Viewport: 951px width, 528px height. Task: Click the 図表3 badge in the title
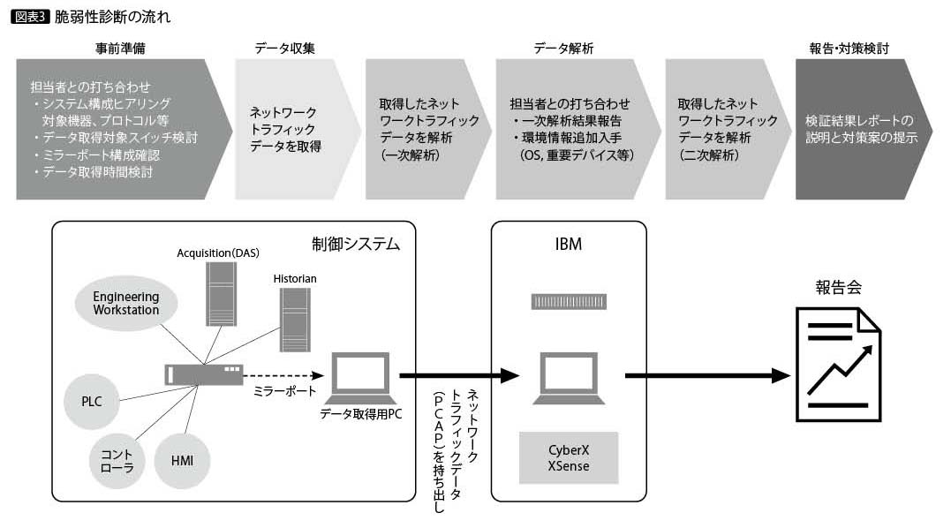[31, 17]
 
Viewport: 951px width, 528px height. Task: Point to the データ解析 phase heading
[563, 48]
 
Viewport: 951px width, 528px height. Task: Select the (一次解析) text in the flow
[411, 154]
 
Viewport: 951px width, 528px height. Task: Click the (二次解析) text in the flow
[708, 154]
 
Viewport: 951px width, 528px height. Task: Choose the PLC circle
[92, 401]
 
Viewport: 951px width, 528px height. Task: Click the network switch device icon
[202, 374]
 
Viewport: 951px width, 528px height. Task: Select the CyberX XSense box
[568, 458]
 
